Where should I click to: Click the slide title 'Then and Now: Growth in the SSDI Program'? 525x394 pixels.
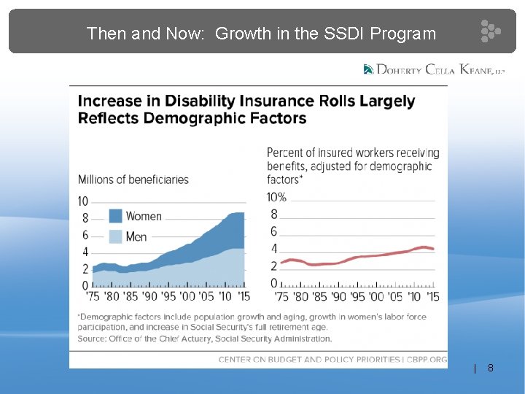pyautogui.click(x=261, y=34)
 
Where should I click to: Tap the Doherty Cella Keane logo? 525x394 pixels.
pyautogui.click(x=434, y=69)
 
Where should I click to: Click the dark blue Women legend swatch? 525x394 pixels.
pyautogui.click(x=115, y=216)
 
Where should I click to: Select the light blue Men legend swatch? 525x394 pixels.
pyautogui.click(x=115, y=236)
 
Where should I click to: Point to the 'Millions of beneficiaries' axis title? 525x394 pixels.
pyautogui.click(x=133, y=179)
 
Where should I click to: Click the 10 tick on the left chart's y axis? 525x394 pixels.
pyautogui.click(x=82, y=201)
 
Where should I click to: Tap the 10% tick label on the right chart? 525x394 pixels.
pyautogui.click(x=276, y=197)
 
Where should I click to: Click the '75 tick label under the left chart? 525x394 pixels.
pyautogui.click(x=93, y=296)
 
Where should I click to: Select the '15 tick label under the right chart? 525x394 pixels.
pyautogui.click(x=432, y=296)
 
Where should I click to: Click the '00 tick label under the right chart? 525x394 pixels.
pyautogui.click(x=376, y=296)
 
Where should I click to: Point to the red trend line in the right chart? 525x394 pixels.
pyautogui.click(x=357, y=257)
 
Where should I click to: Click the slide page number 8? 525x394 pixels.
pyautogui.click(x=491, y=368)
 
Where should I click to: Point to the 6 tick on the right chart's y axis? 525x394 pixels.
pyautogui.click(x=274, y=231)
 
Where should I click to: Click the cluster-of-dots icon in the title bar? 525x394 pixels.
pyautogui.click(x=491, y=31)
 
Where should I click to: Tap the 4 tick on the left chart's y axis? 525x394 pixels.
pyautogui.click(x=85, y=252)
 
